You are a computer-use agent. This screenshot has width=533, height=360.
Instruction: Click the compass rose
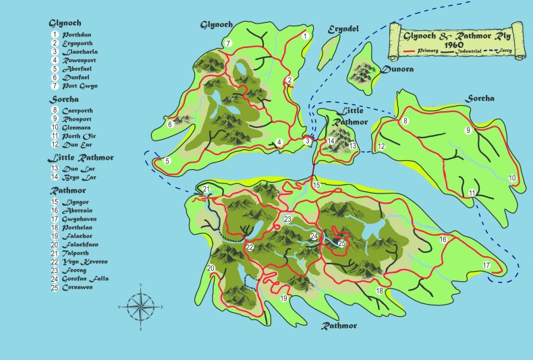[140, 307]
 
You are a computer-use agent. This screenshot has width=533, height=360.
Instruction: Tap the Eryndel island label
[343, 29]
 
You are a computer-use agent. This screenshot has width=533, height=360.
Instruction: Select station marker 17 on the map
[486, 265]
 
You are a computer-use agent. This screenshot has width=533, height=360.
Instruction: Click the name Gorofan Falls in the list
[85, 278]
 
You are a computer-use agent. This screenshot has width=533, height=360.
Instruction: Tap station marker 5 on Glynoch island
[167, 161]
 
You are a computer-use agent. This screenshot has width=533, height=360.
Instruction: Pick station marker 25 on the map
[341, 243]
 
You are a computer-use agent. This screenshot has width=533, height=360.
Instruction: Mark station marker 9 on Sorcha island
[467, 131]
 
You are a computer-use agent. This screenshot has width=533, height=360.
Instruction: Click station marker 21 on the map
[206, 189]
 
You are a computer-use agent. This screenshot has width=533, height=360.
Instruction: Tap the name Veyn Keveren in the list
[84, 261]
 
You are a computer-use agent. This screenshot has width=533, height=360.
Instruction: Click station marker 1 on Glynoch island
[305, 36]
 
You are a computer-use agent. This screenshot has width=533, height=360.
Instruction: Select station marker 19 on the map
[284, 298]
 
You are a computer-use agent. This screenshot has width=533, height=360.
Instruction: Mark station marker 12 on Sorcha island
[381, 146]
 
